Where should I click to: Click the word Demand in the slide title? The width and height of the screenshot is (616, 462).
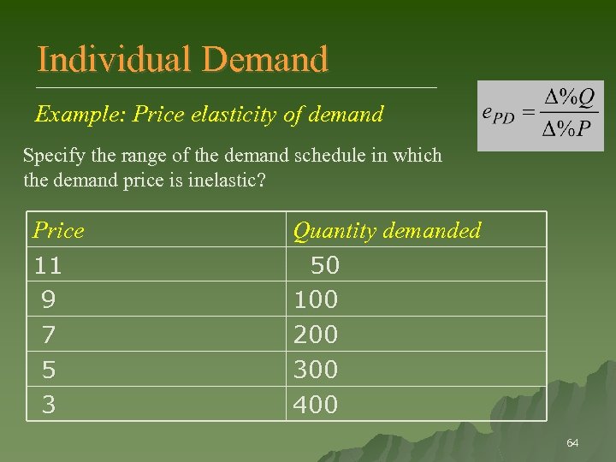[x=265, y=60]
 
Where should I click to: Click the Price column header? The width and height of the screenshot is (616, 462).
[x=58, y=230]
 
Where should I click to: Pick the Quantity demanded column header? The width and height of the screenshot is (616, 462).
[x=387, y=230]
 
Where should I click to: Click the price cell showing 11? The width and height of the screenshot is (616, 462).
[x=48, y=265]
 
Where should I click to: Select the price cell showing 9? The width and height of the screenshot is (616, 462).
[x=49, y=299]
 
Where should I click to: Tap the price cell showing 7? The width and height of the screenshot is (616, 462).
[x=49, y=335]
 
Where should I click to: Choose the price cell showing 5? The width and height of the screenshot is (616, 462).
[x=49, y=370]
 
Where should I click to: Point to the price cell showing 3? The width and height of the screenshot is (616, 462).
[x=49, y=404]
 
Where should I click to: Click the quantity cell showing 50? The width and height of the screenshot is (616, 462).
[x=324, y=265]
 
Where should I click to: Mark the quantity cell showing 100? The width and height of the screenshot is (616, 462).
[x=316, y=299]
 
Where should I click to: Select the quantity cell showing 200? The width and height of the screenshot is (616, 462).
[x=316, y=335]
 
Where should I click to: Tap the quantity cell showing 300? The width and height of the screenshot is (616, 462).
[x=316, y=370]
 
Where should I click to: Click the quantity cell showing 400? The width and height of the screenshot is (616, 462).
[x=316, y=404]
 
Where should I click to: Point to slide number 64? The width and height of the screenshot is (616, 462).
[x=572, y=443]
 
